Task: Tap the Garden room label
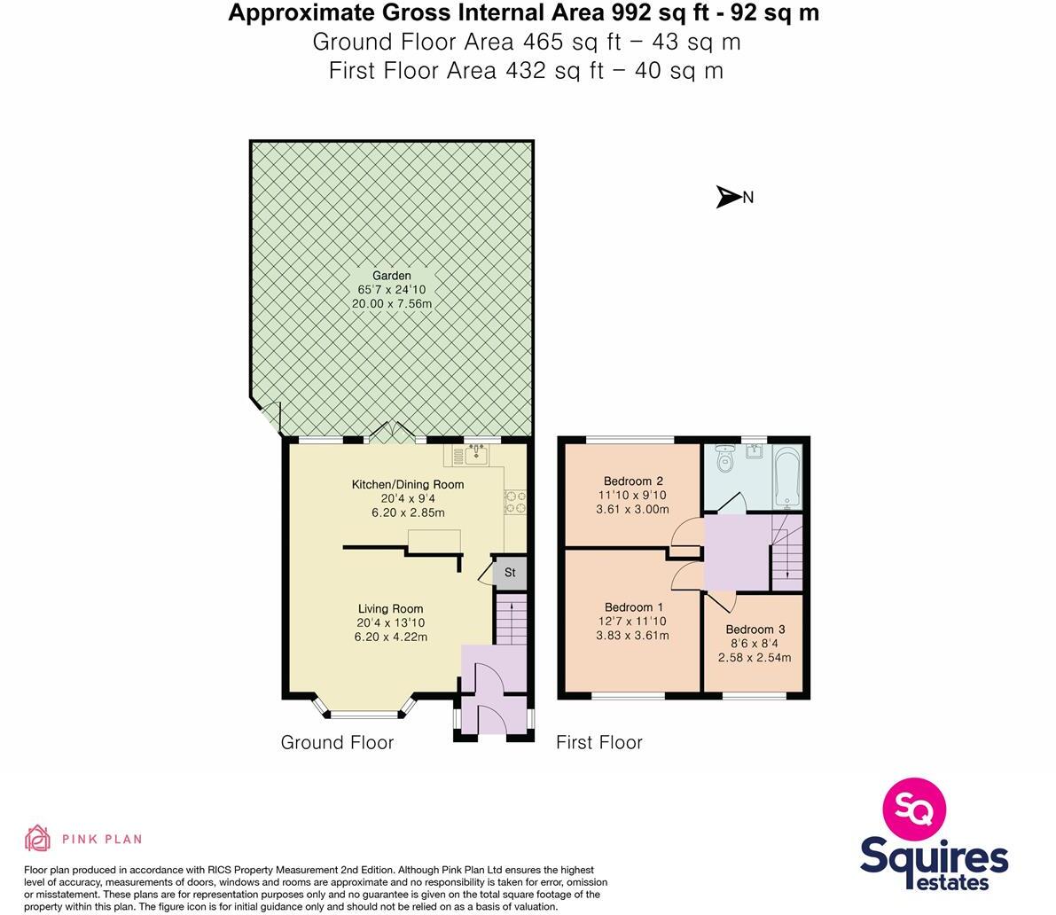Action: pos(391,276)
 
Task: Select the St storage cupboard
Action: pos(510,573)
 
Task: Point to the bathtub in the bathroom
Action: pos(786,478)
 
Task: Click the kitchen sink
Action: pos(477,456)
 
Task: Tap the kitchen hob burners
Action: pos(515,503)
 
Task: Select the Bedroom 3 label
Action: pos(755,630)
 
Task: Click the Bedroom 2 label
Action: pos(633,481)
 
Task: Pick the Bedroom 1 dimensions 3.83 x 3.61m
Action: pos(632,636)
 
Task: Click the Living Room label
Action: pos(390,609)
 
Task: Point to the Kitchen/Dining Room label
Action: pos(408,484)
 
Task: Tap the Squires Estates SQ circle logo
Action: pos(914,808)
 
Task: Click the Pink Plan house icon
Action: pos(37,838)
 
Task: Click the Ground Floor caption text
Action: pos(337,742)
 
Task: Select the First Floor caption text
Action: pos(598,742)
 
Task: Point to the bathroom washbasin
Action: pos(755,452)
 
